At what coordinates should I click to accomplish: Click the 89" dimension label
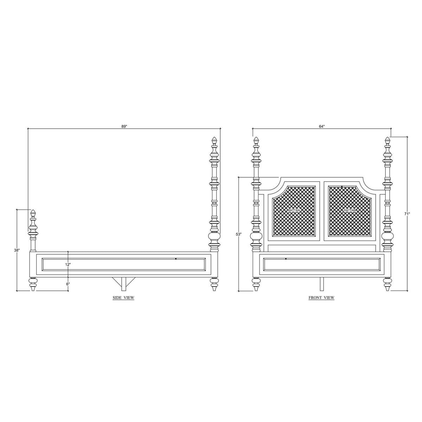pos(124,126)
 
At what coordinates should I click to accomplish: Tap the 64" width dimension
pos(321,126)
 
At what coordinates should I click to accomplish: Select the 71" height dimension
pos(407,214)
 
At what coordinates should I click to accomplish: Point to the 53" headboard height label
pos(238,234)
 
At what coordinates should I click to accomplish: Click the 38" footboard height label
pos(17,250)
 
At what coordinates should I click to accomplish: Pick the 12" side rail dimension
pos(68,264)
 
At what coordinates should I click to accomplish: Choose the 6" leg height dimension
pos(68,284)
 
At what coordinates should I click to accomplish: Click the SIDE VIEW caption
pos(123,298)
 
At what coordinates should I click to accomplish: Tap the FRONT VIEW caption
pos(321,298)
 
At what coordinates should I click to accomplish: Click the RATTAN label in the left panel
pos(294,210)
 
